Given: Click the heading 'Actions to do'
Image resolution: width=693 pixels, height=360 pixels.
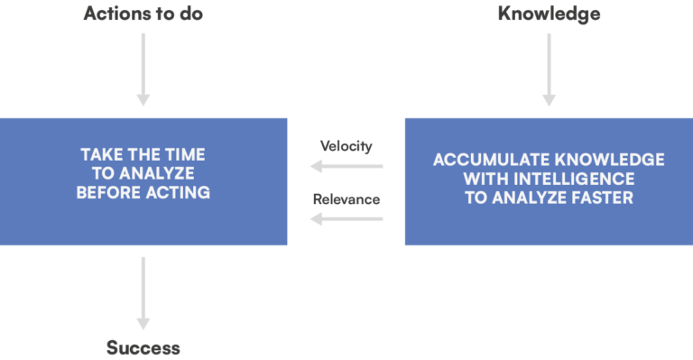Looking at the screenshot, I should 143,14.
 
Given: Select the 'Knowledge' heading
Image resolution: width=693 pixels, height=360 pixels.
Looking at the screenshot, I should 549,14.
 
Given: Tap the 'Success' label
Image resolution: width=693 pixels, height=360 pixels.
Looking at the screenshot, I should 143,347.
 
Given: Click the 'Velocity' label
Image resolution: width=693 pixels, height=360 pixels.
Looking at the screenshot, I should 346,146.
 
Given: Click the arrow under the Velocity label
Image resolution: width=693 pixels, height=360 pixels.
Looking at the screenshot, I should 346,166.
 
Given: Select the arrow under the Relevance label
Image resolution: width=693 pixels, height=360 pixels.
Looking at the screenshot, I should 346,217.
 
